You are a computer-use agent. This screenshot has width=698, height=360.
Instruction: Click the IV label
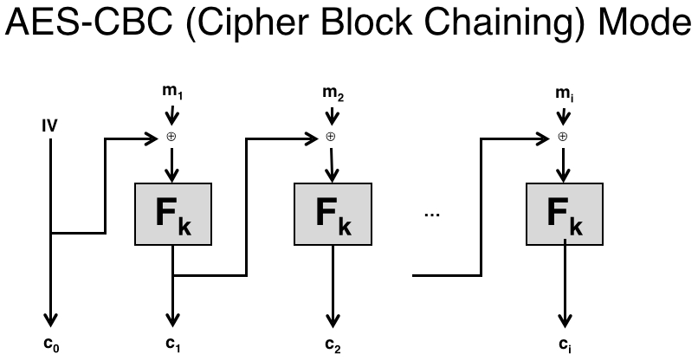point(49,126)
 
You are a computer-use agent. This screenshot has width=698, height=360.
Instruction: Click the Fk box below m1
point(173,214)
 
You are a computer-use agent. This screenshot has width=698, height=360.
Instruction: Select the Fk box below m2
point(329,214)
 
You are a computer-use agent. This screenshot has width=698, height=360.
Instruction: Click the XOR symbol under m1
point(173,137)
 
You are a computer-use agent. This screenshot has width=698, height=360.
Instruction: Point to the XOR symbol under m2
point(329,137)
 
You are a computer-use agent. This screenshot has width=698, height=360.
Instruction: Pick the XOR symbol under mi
point(563,137)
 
